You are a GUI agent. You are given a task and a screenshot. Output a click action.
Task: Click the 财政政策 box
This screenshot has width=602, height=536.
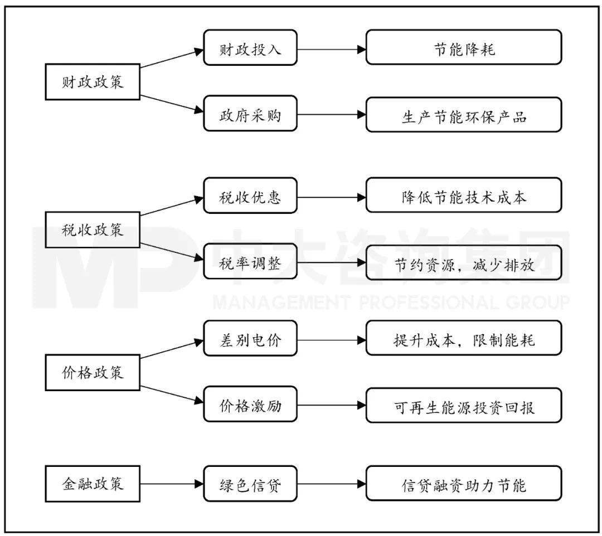click(93, 83)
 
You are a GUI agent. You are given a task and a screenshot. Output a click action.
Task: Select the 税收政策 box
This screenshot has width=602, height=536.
click(93, 230)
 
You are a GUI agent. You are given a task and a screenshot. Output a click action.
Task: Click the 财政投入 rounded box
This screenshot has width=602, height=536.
click(250, 50)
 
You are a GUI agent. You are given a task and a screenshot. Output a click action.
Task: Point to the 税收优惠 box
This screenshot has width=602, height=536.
click(250, 197)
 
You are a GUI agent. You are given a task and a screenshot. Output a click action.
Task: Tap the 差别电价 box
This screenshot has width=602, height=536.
click(250, 339)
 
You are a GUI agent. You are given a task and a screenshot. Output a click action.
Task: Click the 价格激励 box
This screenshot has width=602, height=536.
click(250, 406)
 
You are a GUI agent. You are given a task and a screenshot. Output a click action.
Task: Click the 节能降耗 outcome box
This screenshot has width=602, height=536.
click(464, 50)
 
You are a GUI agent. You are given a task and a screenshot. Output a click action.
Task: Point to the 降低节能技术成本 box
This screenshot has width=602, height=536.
click(464, 197)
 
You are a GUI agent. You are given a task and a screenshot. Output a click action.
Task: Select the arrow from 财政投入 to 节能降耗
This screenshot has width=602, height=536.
click(331, 50)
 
